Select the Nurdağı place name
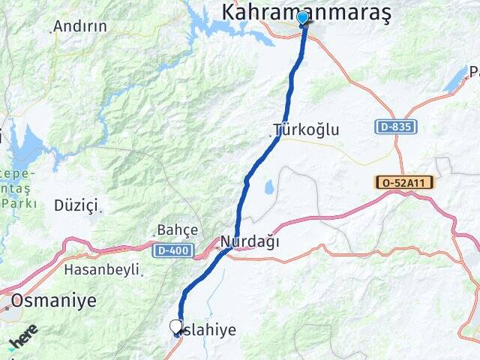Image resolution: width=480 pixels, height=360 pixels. coord(250,241)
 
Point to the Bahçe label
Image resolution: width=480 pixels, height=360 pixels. coord(177,229)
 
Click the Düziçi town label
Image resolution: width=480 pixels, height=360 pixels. coord(76,205)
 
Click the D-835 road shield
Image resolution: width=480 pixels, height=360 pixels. coord(395,127)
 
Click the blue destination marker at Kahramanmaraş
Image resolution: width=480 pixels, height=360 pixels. coord(303,18)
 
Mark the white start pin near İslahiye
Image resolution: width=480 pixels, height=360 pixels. coord(176,326)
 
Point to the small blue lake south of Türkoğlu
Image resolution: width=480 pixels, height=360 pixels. coord(268,186)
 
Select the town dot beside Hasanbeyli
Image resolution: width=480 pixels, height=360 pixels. coord(140,274)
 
